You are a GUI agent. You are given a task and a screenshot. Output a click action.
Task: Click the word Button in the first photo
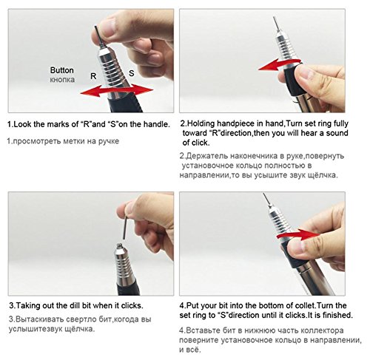tap(62, 70)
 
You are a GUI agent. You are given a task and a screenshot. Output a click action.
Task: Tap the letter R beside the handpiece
tap(93, 76)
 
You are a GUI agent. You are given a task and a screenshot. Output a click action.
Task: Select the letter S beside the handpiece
tap(132, 73)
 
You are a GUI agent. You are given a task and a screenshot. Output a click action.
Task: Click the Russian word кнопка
tap(62, 80)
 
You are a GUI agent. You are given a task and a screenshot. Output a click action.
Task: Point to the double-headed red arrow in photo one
tap(117, 90)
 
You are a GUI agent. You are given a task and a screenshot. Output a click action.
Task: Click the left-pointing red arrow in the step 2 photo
tap(279, 64)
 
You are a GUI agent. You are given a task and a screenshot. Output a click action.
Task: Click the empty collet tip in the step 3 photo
tap(119, 246)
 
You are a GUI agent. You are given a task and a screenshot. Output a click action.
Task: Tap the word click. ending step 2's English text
tap(199, 143)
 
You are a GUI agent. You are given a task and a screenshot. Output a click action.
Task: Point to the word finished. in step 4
tap(337, 315)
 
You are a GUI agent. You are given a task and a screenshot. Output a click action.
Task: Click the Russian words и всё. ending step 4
tap(190, 350)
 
